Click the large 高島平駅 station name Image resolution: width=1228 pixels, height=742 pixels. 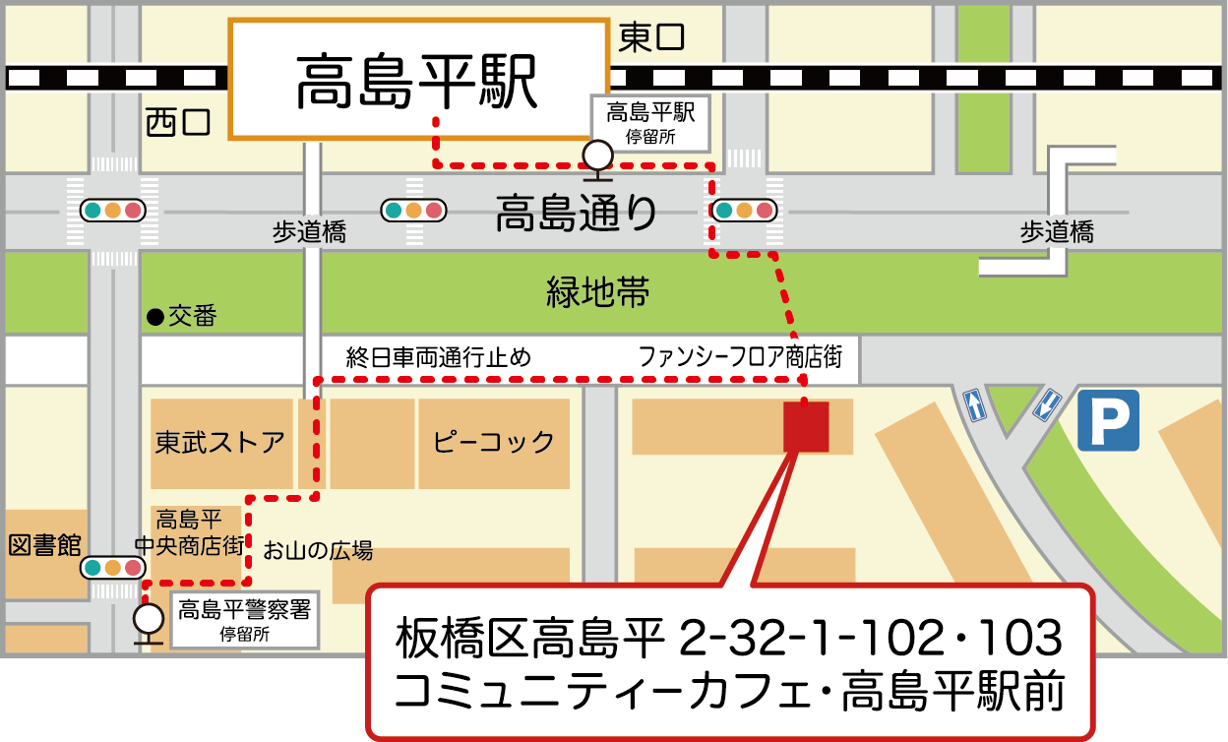(417, 80)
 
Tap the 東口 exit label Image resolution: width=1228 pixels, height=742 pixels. (651, 38)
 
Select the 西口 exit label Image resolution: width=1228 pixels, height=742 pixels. (178, 122)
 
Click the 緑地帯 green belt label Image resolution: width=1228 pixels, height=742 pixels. (597, 291)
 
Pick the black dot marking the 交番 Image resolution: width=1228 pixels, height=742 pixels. (153, 317)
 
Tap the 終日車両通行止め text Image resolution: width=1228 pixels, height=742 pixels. (438, 356)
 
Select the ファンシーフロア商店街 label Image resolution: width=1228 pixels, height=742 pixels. (740, 356)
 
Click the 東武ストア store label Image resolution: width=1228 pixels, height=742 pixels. (219, 442)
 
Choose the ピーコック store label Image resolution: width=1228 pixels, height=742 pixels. (494, 442)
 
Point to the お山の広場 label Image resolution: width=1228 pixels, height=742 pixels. (317, 550)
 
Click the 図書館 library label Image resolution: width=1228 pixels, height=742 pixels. (44, 545)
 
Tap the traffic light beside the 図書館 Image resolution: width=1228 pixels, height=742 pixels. (113, 568)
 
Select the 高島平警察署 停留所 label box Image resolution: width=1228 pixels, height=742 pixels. (244, 620)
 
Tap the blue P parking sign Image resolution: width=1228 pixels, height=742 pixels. (1108, 420)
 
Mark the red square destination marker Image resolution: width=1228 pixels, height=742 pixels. (806, 426)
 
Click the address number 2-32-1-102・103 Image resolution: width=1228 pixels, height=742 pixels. (871, 640)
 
